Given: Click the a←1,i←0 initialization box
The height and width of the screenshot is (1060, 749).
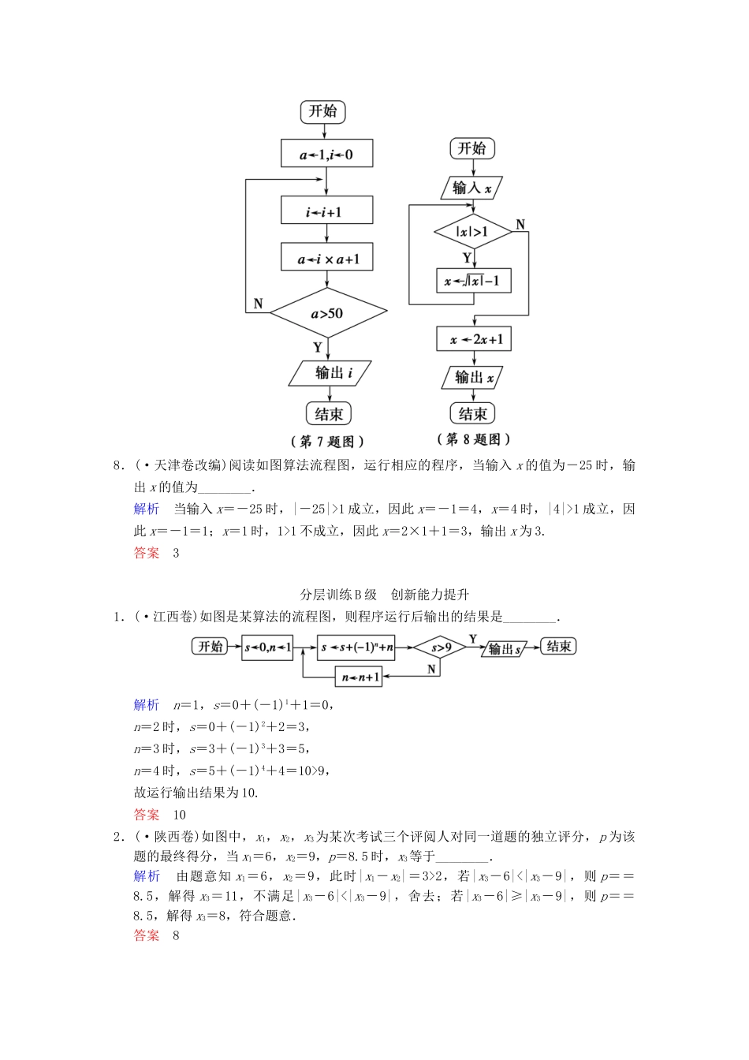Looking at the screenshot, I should click(326, 154).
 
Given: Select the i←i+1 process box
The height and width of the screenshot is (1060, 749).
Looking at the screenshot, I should click(326, 211).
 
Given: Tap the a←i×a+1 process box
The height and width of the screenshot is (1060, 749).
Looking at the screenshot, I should click(326, 258).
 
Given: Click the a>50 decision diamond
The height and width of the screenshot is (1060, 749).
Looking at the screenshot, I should click(328, 313).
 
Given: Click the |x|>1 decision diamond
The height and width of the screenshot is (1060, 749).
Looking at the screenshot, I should click(473, 232).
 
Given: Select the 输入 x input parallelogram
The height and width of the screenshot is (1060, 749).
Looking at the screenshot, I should click(471, 188).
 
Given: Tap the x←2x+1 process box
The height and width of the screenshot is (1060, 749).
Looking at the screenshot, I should click(474, 339).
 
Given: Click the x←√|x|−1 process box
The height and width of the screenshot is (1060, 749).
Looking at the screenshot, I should click(473, 281).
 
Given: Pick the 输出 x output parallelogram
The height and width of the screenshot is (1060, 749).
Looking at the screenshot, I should click(472, 377).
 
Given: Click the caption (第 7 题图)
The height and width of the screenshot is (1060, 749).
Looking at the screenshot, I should click(328, 441).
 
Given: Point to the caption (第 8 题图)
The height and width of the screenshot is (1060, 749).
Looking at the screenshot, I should click(474, 439).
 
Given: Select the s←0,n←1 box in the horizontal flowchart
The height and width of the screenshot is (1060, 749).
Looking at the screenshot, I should click(267, 648).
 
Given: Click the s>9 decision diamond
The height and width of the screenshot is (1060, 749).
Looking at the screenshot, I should click(441, 648).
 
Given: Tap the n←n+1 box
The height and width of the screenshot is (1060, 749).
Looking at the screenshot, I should click(360, 676).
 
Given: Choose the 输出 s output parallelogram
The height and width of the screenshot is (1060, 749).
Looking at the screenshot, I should click(505, 648).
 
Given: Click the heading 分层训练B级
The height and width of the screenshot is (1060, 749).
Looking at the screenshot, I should click(339, 595).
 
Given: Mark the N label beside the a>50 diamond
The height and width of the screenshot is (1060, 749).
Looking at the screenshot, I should click(259, 304).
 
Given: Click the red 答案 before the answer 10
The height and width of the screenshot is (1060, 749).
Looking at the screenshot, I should click(147, 815).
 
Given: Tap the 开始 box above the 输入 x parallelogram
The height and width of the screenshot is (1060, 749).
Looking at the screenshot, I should click(471, 148).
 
